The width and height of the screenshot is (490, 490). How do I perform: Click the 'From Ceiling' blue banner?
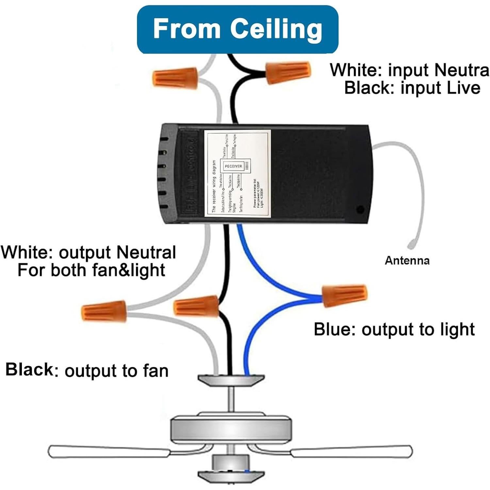pos(237,29)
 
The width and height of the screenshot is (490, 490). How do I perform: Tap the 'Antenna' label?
pos(407,260)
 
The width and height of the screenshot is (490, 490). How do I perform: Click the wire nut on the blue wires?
pos(345,296)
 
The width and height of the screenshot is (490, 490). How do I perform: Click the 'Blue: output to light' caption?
pos(394,329)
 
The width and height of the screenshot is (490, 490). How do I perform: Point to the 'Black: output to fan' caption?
pos(87,370)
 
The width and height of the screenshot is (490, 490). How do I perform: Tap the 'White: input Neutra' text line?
pos(409,70)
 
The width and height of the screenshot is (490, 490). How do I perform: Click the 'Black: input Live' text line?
pos(412,88)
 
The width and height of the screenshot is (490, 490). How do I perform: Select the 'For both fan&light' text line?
pos(91,270)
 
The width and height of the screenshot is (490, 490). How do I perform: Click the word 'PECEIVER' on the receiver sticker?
pos(233,166)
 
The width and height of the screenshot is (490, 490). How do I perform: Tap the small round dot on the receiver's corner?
pos(360,209)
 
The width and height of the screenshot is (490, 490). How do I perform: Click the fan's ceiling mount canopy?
pos(231,380)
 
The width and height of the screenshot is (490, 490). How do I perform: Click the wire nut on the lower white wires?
pos(104,311)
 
